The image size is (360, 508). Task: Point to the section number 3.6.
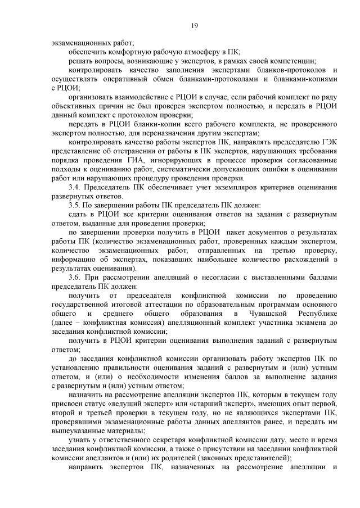(x=74, y=277)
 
